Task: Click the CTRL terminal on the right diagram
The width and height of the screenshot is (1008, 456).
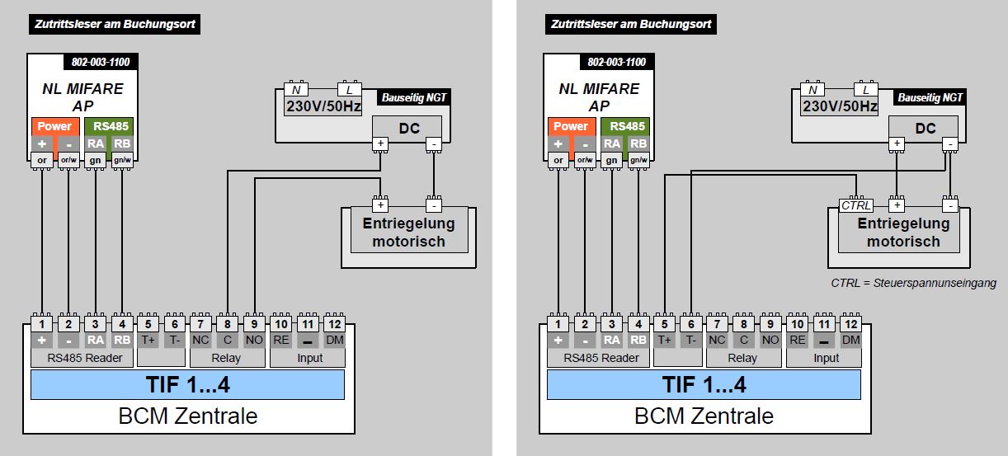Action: [855, 205]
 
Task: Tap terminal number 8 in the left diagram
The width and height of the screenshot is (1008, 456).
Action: [228, 323]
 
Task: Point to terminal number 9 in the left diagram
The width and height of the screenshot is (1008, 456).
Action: [255, 323]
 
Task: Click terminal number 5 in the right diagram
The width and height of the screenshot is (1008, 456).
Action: [664, 323]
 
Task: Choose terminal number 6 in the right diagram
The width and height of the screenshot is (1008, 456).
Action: [690, 323]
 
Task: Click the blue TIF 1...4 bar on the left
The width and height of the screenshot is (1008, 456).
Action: [187, 384]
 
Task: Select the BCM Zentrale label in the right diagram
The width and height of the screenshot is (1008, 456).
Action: [704, 416]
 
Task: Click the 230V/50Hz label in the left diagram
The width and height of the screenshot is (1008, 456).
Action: [323, 106]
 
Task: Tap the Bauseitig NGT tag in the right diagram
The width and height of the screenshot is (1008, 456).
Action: [929, 98]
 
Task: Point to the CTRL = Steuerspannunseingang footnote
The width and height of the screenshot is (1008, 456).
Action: [913, 283]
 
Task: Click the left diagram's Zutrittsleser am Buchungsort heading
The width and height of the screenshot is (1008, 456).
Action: [115, 24]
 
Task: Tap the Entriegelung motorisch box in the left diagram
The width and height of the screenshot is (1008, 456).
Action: [408, 232]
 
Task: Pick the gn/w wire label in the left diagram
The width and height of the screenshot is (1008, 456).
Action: [122, 160]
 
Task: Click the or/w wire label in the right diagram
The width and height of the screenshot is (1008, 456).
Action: [584, 160]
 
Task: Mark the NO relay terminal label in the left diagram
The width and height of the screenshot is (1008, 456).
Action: [255, 340]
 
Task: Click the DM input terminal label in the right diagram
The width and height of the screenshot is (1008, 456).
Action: [850, 340]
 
